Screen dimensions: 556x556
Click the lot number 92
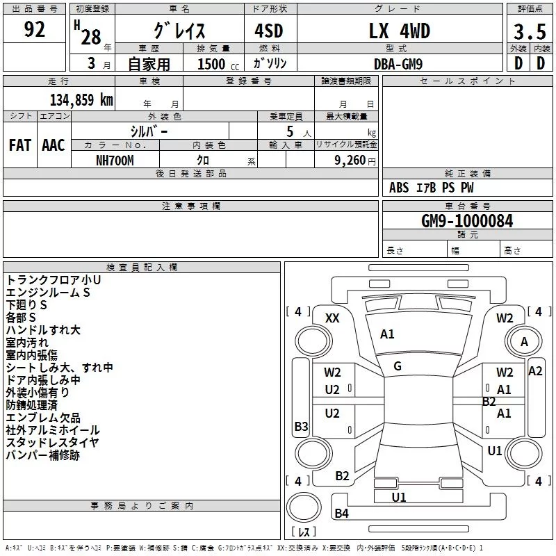click(34, 29)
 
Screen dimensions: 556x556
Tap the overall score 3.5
click(530, 31)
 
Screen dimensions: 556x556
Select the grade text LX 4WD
click(399, 31)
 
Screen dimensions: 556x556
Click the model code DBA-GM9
click(398, 64)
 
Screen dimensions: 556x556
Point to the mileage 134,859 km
click(81, 99)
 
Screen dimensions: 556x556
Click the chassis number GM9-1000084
click(467, 221)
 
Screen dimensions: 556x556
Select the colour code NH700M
click(115, 161)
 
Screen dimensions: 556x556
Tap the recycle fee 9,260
click(350, 161)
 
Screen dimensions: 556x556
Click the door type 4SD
click(269, 31)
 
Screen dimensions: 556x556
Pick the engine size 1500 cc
click(218, 64)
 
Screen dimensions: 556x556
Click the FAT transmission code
click(20, 145)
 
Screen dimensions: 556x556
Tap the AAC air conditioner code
click(54, 145)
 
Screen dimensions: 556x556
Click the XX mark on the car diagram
click(332, 318)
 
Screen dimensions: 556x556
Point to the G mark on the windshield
click(398, 366)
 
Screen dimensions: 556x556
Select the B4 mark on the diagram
click(341, 513)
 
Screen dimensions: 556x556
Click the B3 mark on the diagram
click(301, 426)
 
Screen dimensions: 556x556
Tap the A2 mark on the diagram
click(535, 371)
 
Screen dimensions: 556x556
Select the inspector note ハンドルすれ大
click(43, 330)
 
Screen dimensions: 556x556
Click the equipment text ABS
click(399, 188)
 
